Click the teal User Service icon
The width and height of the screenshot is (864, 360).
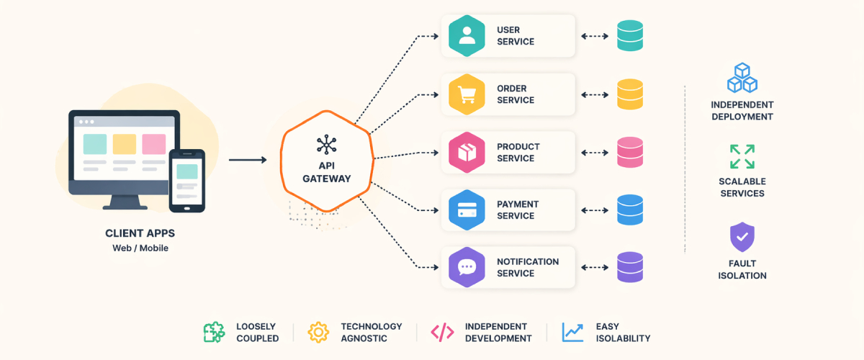[467, 36]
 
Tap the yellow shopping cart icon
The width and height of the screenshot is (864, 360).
[467, 94]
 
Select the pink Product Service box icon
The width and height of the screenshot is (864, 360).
[467, 152]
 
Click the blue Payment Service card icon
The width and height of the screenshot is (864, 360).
[467, 210]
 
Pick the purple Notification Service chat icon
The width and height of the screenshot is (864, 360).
[467, 267]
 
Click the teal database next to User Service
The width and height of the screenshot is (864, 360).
[630, 36]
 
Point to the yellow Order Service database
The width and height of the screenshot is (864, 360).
[630, 94]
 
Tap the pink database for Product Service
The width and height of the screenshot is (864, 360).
[630, 152]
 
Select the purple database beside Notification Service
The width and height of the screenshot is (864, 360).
[630, 267]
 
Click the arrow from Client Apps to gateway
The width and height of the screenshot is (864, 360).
[247, 160]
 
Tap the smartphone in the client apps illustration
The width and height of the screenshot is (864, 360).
[187, 181]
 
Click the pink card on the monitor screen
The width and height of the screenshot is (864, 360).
[154, 144]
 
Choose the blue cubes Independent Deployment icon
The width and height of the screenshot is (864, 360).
[741, 78]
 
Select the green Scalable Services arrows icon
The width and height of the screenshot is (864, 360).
[742, 156]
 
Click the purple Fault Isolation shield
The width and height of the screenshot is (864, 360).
[742, 237]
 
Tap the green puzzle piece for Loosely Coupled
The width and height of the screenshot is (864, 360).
[214, 332]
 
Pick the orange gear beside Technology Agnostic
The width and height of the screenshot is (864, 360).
[318, 332]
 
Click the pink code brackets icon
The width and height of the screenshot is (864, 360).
[442, 332]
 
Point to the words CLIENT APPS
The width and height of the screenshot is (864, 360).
[140, 233]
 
